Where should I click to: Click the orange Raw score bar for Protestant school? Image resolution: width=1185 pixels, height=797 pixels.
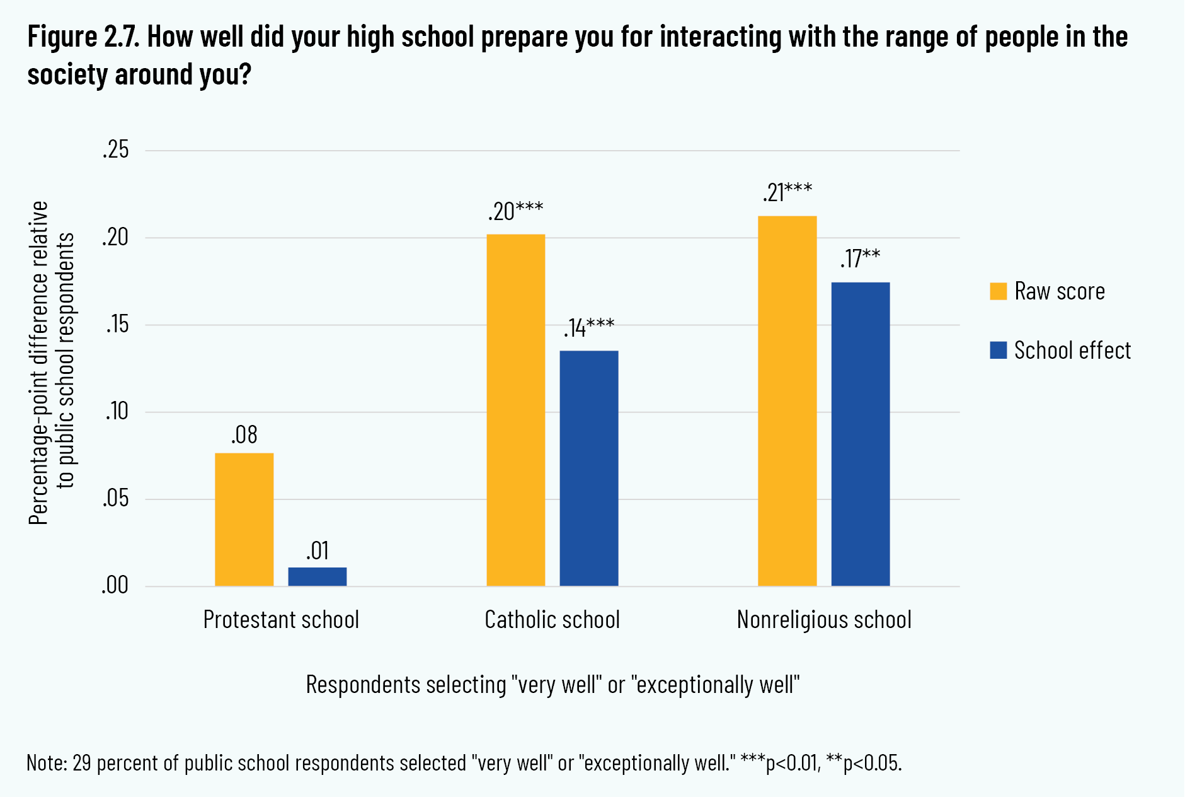[244, 520]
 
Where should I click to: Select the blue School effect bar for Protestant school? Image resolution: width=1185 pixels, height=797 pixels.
[317, 577]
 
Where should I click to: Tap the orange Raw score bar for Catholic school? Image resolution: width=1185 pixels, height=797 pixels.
[515, 410]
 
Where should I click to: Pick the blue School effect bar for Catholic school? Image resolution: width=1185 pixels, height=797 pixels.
[588, 468]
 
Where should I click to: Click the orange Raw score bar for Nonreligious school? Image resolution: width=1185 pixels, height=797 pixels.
[787, 401]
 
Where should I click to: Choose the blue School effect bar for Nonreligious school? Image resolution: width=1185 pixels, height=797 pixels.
[860, 434]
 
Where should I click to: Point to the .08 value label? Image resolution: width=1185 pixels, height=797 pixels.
[244, 435]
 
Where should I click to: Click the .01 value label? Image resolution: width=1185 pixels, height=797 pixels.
[318, 551]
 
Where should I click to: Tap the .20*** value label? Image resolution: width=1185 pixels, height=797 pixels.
[515, 212]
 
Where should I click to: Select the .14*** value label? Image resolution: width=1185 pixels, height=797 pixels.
[588, 329]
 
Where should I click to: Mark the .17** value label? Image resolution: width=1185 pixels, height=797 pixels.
[860, 259]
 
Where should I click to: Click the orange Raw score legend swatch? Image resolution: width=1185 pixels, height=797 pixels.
[998, 291]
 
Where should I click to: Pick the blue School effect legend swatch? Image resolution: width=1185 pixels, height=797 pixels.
[998, 350]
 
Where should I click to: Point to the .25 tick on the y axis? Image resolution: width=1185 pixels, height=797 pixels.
[115, 150]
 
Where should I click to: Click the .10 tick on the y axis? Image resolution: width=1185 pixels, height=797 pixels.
[116, 412]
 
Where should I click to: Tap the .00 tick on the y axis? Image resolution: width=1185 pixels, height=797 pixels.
[115, 586]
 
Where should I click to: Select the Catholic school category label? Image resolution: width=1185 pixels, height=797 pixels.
[552, 620]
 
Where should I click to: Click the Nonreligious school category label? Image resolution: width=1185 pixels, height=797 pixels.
[824, 620]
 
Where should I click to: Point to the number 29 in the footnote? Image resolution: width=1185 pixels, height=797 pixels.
[82, 763]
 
